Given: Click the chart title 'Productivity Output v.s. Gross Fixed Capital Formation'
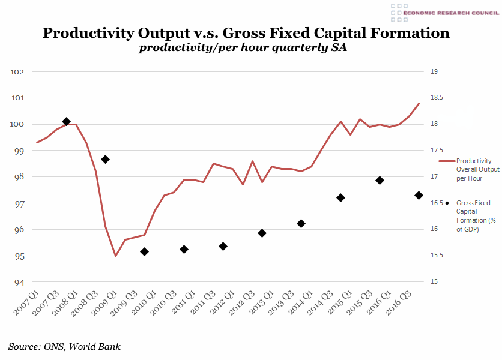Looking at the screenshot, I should tap(246, 33).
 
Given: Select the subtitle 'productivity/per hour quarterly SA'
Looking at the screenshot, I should tap(243, 49).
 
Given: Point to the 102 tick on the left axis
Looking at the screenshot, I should tap(17, 72).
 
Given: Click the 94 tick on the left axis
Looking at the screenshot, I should tap(18, 283).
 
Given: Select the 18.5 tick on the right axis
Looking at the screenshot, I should tap(438, 98).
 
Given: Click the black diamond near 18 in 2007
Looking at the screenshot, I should tap(66, 122).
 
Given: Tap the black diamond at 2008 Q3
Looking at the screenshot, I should tap(105, 159).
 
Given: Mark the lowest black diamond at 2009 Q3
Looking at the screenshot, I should tap(144, 252).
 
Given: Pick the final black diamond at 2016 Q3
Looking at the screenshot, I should tap(419, 195).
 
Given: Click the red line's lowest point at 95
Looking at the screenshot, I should tap(115, 256).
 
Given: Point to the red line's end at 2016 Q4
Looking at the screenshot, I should tap(419, 104).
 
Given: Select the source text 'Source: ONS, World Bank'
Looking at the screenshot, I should tap(64, 347).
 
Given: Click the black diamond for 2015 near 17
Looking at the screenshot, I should tap(380, 180).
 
